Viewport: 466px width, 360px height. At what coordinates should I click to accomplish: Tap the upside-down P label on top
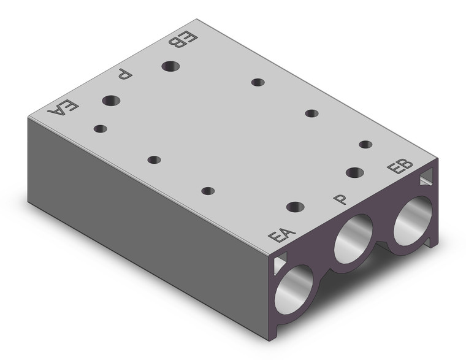[124, 75]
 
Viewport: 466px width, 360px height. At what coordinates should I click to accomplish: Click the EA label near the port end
[283, 236]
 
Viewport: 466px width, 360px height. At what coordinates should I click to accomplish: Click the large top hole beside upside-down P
[111, 100]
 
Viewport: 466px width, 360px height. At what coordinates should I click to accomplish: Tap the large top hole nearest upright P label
[354, 172]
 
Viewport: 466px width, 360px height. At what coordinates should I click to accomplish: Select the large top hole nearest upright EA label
[295, 207]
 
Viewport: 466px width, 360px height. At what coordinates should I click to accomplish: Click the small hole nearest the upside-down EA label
[100, 129]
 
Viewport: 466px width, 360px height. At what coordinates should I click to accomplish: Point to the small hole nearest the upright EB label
[365, 145]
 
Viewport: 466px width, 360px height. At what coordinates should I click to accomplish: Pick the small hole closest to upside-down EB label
[258, 82]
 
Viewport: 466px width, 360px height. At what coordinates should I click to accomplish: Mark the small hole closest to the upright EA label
[208, 191]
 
